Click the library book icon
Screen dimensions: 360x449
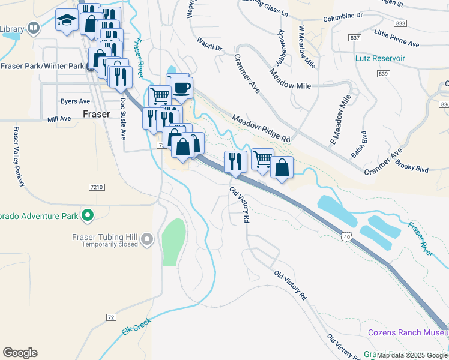point(34,28)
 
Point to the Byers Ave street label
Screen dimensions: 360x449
point(75,101)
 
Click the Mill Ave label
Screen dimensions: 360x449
point(59,119)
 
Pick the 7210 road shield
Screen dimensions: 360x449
point(97,188)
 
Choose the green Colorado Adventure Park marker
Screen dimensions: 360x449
point(88,214)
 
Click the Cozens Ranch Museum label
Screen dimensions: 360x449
point(407,332)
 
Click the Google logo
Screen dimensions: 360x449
point(20,353)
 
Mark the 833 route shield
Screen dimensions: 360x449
point(401,23)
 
